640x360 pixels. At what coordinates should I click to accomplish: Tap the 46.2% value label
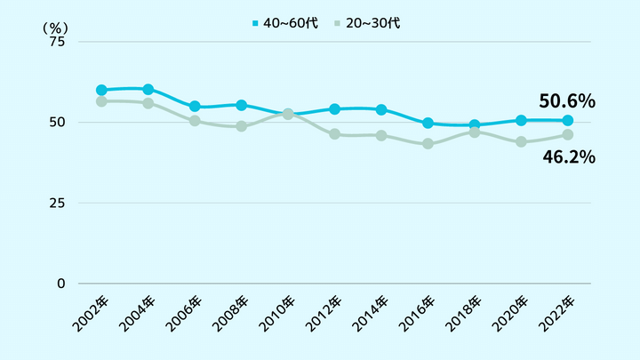click(568, 157)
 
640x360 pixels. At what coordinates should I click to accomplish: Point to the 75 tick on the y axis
click(57, 42)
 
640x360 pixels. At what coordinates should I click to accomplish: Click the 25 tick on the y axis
click(57, 203)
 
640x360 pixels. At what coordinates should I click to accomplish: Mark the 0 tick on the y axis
click(60, 284)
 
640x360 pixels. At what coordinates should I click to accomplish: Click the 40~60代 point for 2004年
click(148, 89)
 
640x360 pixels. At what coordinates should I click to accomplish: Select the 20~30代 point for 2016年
click(428, 144)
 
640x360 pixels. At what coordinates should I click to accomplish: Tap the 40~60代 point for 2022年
click(568, 120)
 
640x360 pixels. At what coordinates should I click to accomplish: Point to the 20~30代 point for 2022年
click(568, 134)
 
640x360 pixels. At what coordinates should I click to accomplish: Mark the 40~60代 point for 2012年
click(335, 109)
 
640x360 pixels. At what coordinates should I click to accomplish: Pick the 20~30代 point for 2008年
click(242, 126)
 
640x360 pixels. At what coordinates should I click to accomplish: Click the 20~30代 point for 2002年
click(101, 101)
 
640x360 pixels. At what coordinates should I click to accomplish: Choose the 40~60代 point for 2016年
click(428, 124)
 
